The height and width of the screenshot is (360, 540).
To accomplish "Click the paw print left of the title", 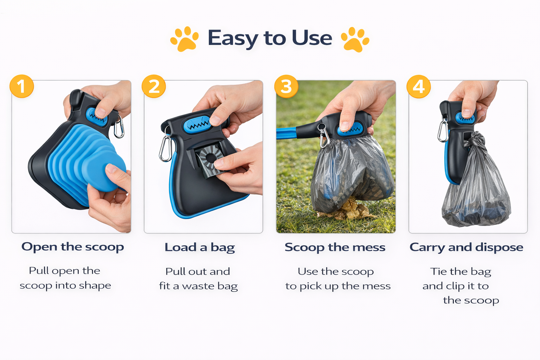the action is (x=185, y=39).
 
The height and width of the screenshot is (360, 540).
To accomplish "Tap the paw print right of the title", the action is (x=355, y=39).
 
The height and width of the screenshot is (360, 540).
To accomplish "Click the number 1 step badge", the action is (x=22, y=86).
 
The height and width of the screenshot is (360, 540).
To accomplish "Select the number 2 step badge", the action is (x=154, y=86).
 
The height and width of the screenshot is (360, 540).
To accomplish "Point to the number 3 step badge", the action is (x=286, y=86).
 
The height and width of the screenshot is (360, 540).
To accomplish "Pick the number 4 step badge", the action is (x=418, y=86).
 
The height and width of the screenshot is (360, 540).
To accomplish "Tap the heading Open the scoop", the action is (x=72, y=247).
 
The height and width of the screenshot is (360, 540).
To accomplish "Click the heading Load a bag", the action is (x=200, y=247).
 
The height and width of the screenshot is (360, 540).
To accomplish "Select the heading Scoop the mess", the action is (x=335, y=247).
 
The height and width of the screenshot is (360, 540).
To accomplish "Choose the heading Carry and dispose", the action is (x=466, y=247).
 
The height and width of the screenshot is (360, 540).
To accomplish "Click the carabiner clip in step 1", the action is (x=119, y=126).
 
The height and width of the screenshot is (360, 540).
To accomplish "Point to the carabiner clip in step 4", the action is (x=443, y=129).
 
